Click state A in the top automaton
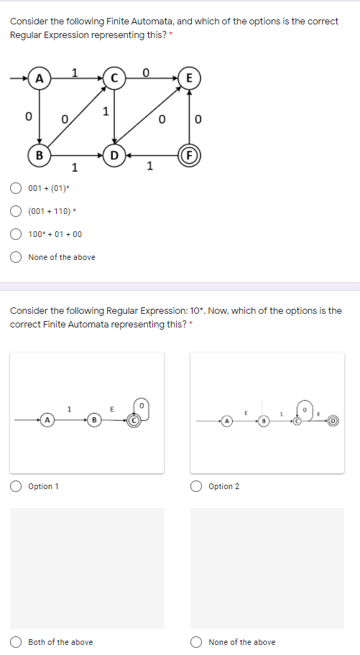(39, 78)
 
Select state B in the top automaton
(39, 154)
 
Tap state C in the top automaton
(114, 78)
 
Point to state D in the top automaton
(114, 154)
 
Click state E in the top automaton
(190, 78)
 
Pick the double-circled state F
(190, 154)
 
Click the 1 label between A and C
(75, 70)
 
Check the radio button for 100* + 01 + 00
(16, 234)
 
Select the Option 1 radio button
(16, 486)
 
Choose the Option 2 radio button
(196, 486)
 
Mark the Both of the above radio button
(16, 642)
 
